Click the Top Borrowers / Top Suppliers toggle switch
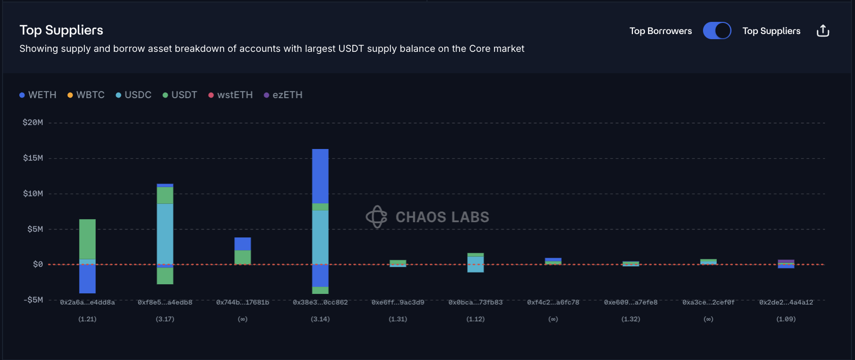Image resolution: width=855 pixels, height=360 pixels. click(717, 31)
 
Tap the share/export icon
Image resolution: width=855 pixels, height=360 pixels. click(822, 31)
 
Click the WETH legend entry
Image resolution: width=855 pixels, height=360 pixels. click(38, 95)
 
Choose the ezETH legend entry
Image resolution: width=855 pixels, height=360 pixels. click(283, 95)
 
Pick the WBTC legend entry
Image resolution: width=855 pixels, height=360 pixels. click(86, 95)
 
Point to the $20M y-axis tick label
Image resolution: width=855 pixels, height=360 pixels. click(33, 123)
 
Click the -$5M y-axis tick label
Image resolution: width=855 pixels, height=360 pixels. click(33, 300)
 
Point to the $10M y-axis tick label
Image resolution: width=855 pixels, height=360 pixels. click(33, 194)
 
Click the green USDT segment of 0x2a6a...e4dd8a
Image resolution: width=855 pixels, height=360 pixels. click(87, 239)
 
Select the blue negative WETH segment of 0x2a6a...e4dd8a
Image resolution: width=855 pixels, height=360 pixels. click(87, 279)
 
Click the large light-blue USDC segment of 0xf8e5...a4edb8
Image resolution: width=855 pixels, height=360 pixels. click(165, 233)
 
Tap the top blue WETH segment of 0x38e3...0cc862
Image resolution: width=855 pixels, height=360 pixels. click(320, 176)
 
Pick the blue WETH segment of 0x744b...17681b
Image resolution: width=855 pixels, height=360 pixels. click(242, 244)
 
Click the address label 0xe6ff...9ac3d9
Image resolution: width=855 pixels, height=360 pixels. click(398, 303)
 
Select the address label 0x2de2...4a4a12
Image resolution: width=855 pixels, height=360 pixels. click(786, 303)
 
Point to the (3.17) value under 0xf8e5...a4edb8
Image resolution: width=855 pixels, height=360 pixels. click(165, 319)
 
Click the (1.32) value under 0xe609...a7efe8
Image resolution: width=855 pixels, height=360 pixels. click(631, 319)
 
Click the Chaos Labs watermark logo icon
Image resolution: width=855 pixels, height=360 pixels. click(377, 217)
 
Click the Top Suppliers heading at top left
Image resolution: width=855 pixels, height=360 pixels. click(61, 31)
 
